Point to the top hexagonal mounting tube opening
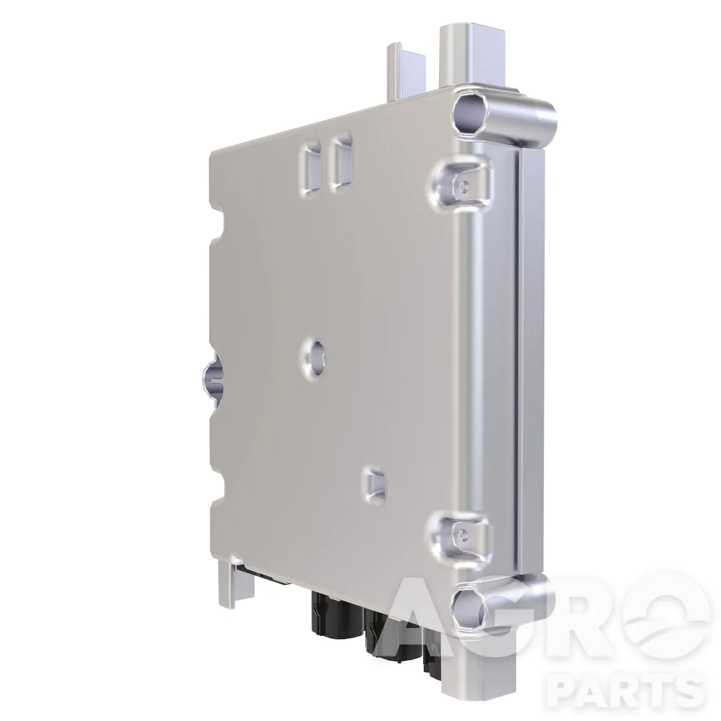pos(470,114)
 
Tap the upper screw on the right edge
pos(464,185)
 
